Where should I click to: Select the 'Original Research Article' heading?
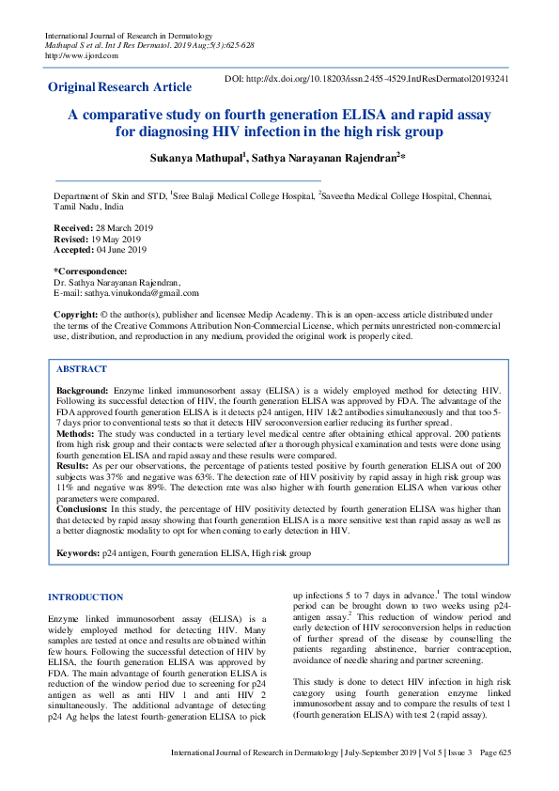(x=119, y=87)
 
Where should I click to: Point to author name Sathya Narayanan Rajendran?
(x=324, y=157)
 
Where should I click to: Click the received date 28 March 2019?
(x=122, y=227)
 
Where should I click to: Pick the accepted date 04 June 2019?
(x=122, y=250)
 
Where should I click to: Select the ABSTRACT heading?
(x=82, y=369)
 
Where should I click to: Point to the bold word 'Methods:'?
(x=76, y=434)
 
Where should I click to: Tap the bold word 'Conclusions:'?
(x=83, y=508)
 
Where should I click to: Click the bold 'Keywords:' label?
(x=78, y=554)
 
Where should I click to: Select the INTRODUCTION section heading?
(x=85, y=597)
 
